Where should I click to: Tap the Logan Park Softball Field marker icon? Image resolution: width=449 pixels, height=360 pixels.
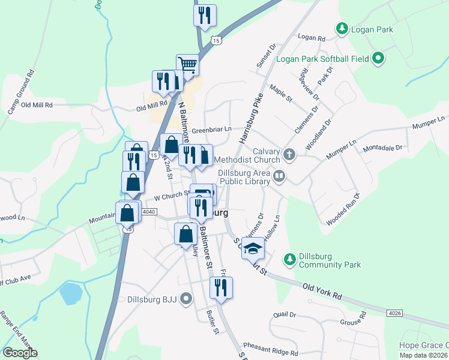click(x=378, y=58)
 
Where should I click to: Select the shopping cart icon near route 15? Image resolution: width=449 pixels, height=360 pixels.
click(x=187, y=64)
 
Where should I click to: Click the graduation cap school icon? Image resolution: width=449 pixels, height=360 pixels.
click(x=253, y=248)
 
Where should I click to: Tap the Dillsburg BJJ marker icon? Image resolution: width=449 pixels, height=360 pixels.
click(x=186, y=298)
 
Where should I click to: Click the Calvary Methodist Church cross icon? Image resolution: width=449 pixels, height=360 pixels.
click(x=289, y=154)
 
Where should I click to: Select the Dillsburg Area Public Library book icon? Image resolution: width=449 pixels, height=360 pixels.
click(x=279, y=176)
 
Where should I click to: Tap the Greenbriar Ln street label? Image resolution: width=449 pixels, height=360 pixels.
click(x=212, y=129)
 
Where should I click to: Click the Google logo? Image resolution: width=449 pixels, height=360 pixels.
click(x=20, y=353)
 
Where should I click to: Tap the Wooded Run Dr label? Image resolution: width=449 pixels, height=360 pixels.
click(x=343, y=209)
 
